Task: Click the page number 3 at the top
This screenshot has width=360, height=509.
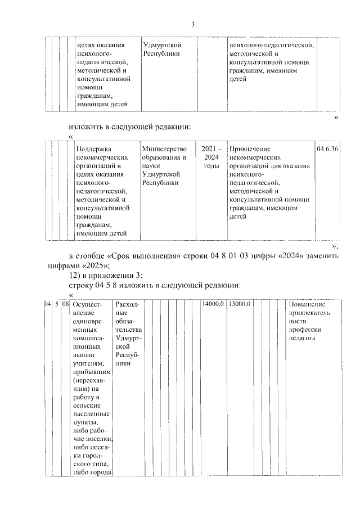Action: pyautogui.click(x=192, y=24)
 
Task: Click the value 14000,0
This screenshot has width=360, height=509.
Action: pyautogui.click(x=213, y=304)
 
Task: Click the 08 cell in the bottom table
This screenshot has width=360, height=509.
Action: pyautogui.click(x=65, y=304)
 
